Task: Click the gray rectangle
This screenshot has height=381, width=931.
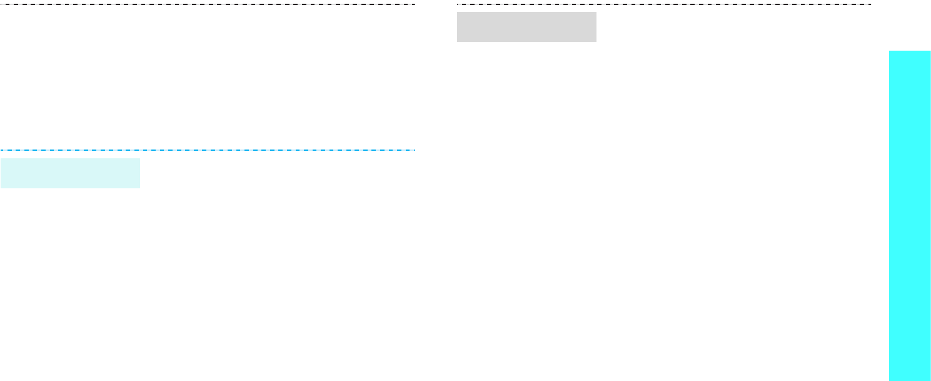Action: coord(526,27)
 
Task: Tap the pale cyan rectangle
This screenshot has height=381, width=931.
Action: coord(70,173)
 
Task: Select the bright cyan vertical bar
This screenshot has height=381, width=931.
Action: coord(910,216)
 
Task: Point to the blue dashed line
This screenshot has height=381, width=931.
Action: coord(208,150)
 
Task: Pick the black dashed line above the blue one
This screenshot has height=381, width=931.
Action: coord(208,4)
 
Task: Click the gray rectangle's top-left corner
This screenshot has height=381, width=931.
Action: coord(457,12)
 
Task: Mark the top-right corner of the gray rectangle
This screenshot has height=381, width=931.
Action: coord(596,12)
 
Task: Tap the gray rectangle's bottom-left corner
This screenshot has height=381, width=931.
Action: coord(457,42)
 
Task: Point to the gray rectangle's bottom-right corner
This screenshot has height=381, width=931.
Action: coord(596,42)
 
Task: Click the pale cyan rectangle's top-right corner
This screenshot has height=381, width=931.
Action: coord(139,158)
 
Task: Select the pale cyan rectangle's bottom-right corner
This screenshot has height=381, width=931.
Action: coord(139,188)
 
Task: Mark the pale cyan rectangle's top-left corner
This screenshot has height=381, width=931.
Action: coord(1,158)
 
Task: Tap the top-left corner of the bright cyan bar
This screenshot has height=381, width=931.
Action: coord(889,51)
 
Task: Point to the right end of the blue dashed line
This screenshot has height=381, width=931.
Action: coord(415,150)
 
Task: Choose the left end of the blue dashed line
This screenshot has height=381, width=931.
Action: coord(1,150)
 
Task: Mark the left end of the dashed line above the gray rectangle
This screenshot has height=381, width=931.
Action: coord(457,4)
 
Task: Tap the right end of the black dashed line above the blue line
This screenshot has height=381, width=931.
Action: coord(415,4)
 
